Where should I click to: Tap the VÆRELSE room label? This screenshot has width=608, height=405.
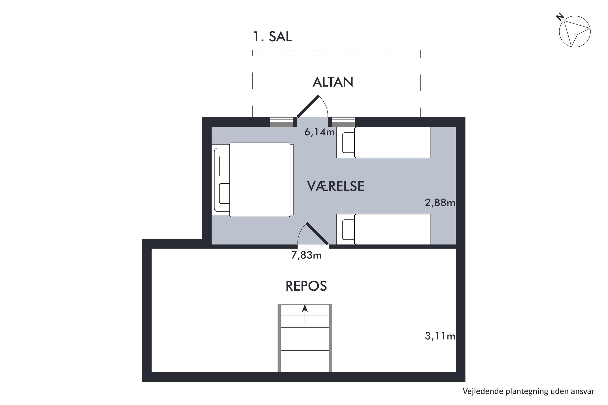point(336,186)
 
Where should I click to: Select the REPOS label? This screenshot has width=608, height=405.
point(306,286)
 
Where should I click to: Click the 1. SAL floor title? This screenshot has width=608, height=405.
point(272,37)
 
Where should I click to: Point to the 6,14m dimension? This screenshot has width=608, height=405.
point(320,132)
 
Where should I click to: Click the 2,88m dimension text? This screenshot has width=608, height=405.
point(440,203)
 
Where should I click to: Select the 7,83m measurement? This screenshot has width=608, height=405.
point(306,255)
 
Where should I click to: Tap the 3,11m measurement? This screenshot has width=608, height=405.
point(440,336)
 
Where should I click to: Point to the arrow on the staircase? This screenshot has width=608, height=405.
point(305,314)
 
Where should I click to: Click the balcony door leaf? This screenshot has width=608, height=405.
point(308,107)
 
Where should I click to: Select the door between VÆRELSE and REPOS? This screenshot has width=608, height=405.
point(317,233)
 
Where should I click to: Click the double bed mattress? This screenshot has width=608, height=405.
point(260,180)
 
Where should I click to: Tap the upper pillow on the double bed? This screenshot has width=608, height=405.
point(224,166)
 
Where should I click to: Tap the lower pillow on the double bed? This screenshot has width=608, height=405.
point(224,193)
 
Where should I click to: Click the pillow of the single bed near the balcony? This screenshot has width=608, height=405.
point(348,143)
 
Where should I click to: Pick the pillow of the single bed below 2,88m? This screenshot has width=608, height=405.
point(348,229)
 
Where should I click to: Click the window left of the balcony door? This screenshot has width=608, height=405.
point(282,122)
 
